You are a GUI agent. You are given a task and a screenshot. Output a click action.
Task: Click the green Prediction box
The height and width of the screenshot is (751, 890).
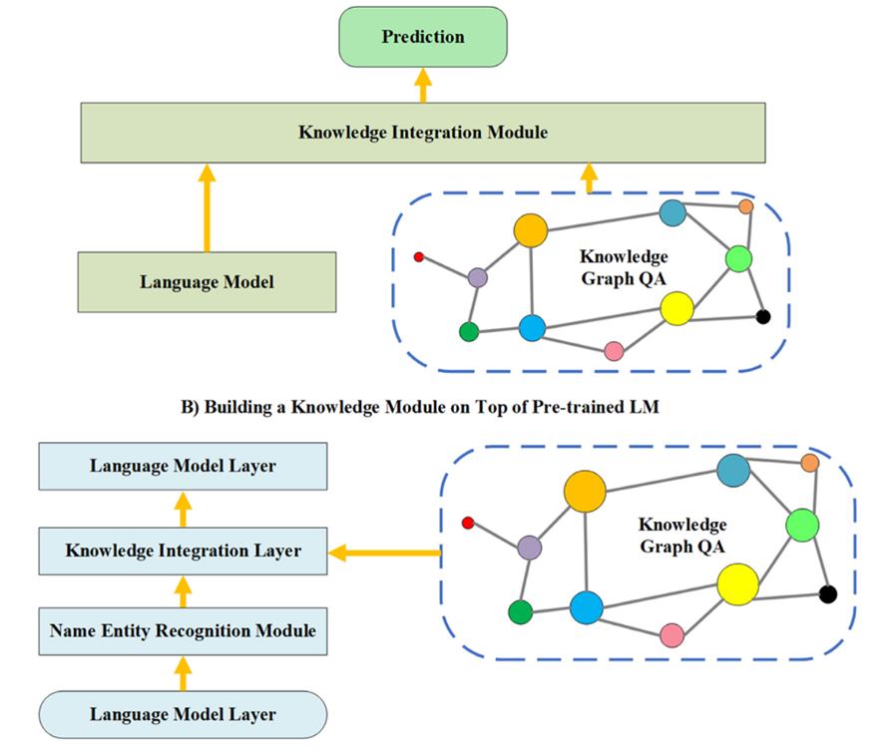click(x=423, y=38)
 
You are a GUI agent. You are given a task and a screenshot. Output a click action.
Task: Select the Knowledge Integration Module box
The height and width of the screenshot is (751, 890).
click(x=423, y=132)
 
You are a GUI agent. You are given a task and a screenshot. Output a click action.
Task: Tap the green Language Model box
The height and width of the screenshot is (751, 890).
click(x=207, y=282)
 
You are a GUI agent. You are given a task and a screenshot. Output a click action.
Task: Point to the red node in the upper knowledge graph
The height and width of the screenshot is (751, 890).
click(x=419, y=257)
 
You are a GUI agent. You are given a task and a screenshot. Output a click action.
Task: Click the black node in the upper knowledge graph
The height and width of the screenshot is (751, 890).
click(x=763, y=317)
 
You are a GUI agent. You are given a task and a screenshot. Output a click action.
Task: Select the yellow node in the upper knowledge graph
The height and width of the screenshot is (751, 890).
click(x=676, y=308)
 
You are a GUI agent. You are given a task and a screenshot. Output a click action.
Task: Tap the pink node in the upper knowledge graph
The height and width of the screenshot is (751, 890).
click(x=614, y=350)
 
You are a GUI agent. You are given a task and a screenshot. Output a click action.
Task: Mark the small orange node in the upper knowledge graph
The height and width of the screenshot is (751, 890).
click(x=745, y=206)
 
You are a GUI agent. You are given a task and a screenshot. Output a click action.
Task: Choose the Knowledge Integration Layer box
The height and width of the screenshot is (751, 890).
click(x=183, y=551)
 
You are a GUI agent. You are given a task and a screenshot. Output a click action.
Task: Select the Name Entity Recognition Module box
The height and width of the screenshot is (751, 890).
click(x=183, y=630)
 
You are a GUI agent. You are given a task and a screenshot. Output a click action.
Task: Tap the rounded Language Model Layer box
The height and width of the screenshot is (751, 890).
click(x=183, y=714)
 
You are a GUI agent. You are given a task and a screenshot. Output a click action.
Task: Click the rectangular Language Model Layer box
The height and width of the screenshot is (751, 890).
click(x=183, y=466)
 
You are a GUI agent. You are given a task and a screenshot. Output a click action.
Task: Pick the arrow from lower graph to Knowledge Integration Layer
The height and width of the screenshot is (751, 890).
click(x=385, y=552)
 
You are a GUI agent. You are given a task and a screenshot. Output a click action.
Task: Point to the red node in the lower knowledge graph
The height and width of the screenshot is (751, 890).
click(x=467, y=523)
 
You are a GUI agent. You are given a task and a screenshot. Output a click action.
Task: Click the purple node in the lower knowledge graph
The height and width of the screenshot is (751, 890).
click(x=529, y=547)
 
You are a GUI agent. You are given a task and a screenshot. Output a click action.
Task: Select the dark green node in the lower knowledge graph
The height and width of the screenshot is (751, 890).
click(x=519, y=611)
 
